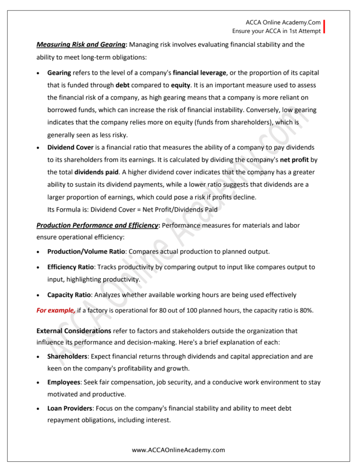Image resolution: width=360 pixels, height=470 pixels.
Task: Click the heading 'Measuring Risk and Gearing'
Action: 81,45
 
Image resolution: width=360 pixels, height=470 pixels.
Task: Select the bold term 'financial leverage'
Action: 199,73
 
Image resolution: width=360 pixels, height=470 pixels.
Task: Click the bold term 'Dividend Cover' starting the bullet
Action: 70,147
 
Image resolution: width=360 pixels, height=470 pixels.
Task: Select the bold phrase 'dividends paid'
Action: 96,172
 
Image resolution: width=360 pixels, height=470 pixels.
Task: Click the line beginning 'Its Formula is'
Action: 132,209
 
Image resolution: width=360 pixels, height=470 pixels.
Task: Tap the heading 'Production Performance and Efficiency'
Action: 97,225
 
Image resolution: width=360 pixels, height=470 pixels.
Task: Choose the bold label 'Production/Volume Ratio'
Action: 86,252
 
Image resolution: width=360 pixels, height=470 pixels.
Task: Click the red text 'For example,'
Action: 56,310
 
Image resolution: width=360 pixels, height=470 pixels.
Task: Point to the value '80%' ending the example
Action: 306,310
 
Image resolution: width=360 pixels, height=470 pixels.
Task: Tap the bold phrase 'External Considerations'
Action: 73,330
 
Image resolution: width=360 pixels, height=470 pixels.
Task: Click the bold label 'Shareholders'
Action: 67,356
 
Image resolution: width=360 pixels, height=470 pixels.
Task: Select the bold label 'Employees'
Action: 64,382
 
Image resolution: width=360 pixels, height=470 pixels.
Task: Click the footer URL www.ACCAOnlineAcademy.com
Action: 179,450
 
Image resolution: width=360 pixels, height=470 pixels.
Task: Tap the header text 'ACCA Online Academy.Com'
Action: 283,22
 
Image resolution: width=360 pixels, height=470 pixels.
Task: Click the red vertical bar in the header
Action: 324,27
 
